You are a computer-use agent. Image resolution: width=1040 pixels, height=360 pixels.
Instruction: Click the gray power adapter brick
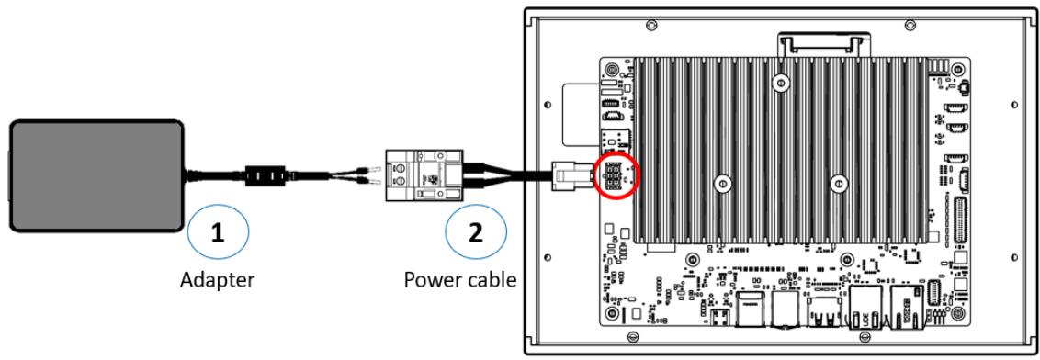point(96,175)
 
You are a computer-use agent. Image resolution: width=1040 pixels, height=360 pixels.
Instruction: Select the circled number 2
point(476,232)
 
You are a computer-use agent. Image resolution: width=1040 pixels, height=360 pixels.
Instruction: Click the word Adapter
point(217,280)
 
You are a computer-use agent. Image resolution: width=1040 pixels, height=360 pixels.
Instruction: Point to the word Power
point(433,279)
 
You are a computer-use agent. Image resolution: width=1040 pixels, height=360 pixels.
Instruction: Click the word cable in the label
point(492,279)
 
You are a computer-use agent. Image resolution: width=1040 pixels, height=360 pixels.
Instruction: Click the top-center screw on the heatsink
point(782,83)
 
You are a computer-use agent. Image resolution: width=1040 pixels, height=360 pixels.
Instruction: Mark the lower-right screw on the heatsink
point(840,181)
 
